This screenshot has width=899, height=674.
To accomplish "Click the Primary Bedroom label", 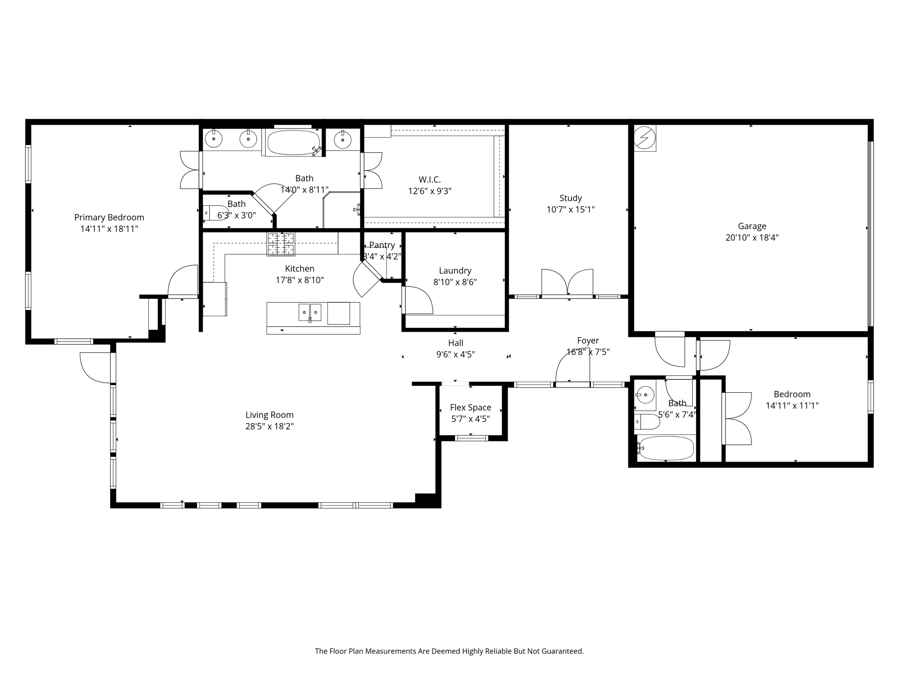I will (x=109, y=217).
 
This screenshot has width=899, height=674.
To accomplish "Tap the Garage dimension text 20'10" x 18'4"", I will (x=752, y=238).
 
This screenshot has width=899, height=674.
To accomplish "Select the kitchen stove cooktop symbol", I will (x=281, y=244).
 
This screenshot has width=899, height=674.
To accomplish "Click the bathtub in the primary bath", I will (x=294, y=142).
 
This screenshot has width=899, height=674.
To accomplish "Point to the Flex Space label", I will (x=471, y=408).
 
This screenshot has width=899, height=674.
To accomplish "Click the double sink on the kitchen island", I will (x=310, y=312).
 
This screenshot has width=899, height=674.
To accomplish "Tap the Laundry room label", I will (x=455, y=271).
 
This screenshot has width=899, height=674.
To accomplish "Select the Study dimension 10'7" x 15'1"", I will (x=570, y=210).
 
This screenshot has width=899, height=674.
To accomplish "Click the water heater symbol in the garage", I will (x=645, y=138).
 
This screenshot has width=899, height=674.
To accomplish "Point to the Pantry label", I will (x=382, y=245).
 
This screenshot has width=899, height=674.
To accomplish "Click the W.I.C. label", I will (x=429, y=179).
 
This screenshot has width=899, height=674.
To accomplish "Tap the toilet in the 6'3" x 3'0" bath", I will (x=215, y=212).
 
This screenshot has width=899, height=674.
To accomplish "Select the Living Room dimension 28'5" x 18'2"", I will (x=269, y=427).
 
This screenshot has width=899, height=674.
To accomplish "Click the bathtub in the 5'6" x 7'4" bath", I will (x=666, y=448).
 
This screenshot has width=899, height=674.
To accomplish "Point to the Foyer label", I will (x=588, y=341).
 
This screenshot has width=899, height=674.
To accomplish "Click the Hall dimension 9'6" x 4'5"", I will (x=455, y=355).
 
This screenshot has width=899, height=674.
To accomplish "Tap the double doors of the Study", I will (x=567, y=283).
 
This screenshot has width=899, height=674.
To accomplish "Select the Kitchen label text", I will (x=299, y=269).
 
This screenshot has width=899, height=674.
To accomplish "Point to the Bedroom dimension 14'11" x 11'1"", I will (x=792, y=406).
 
